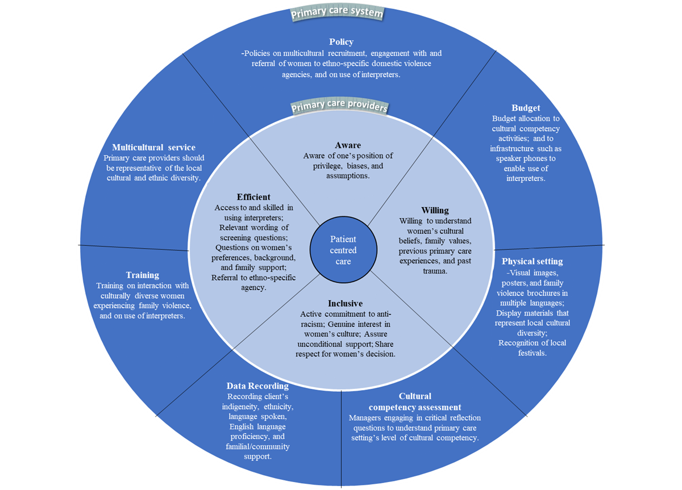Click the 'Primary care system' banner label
point(337,12)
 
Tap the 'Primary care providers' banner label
point(339,106)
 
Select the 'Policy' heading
point(341,42)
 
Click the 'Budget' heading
point(525,108)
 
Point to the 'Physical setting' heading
point(532,262)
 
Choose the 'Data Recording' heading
point(257,386)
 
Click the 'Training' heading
point(142,275)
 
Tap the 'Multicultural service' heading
point(153,148)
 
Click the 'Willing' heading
point(435,211)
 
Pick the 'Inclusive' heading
point(345,304)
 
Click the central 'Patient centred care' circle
point(343,250)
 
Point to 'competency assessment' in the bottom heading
point(415,407)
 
